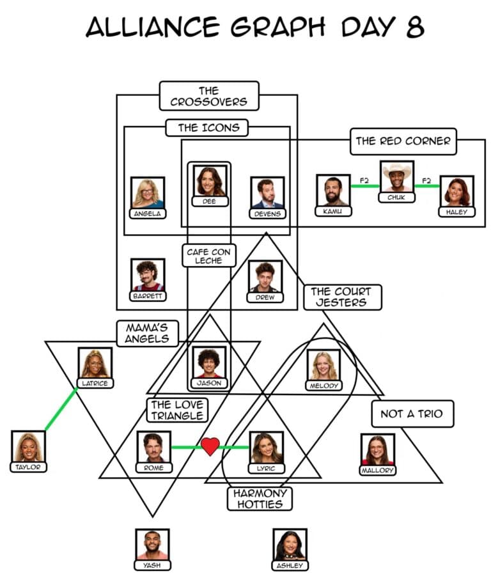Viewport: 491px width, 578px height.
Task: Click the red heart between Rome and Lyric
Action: (210, 446)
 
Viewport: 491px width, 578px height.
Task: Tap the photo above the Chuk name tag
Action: (397, 177)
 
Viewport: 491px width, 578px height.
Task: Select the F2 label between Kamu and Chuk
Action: (364, 180)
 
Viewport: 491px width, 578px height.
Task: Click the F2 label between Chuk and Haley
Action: (426, 180)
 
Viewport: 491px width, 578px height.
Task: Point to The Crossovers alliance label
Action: (209, 96)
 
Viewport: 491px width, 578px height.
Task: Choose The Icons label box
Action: (207, 127)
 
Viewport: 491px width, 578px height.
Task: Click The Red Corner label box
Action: (403, 141)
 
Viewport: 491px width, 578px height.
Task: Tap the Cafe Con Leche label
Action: (208, 256)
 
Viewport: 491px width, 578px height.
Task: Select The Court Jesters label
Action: (343, 297)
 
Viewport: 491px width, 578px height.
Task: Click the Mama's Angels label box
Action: (148, 333)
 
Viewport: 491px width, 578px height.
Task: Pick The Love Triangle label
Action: (177, 410)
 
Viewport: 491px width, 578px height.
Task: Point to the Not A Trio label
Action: (412, 414)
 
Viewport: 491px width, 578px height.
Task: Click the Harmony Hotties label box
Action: (260, 499)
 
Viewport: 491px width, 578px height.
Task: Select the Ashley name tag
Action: (290, 565)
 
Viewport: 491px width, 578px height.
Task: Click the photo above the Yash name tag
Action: (152, 545)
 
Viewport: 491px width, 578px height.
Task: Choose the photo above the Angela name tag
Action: (148, 193)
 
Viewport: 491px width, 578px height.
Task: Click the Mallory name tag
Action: (377, 471)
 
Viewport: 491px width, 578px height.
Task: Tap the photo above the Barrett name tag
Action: (148, 275)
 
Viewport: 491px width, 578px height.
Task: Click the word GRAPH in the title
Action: (278, 27)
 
